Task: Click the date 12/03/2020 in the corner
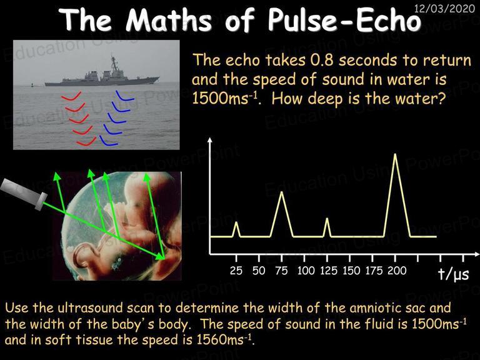(x=444, y=8)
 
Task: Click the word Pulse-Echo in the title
(x=344, y=20)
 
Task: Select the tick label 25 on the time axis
(x=236, y=271)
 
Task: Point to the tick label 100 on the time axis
(x=306, y=271)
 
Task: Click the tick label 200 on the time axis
(x=397, y=271)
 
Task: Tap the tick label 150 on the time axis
(x=351, y=271)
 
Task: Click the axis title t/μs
(x=453, y=274)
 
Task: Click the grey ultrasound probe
(x=23, y=194)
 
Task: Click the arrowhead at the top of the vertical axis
(x=210, y=140)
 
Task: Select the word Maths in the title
(x=169, y=20)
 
